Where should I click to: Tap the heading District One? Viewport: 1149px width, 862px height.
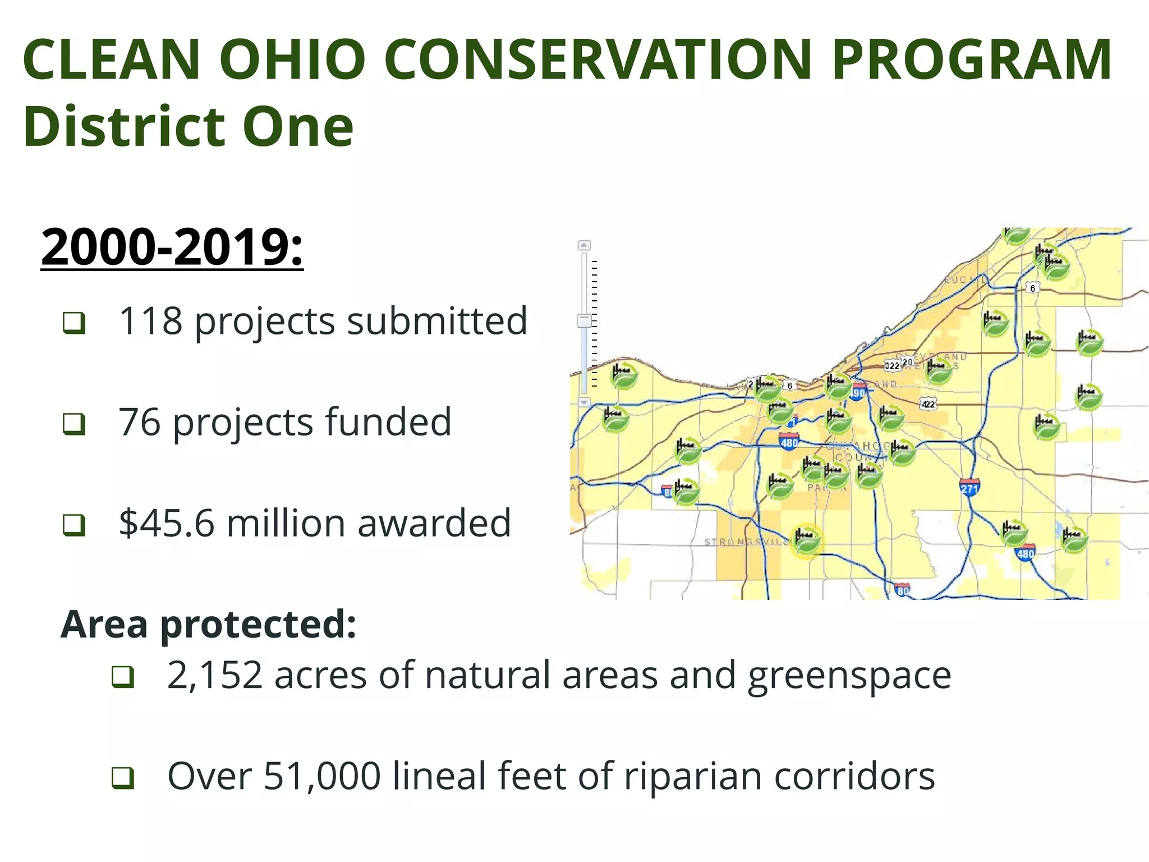[x=189, y=127]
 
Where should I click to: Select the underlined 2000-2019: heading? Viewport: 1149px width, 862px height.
[x=172, y=247]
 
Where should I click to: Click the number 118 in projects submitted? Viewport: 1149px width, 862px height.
[x=150, y=321]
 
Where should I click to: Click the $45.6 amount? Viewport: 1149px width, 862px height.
[x=167, y=523]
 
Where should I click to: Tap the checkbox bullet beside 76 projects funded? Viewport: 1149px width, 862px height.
[x=74, y=424]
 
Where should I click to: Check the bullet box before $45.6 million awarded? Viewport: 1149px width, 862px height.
[x=74, y=525]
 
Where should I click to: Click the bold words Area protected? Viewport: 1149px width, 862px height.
[x=208, y=624]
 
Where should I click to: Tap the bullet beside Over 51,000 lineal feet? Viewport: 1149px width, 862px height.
[x=122, y=778]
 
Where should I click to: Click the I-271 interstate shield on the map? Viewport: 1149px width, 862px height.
[x=969, y=487]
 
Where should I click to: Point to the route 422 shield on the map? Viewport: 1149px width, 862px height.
[x=929, y=404]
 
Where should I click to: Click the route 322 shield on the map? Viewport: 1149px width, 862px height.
[x=892, y=366]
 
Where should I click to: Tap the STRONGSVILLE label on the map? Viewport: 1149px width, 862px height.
[x=746, y=542]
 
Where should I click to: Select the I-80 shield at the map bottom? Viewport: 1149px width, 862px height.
[x=902, y=590]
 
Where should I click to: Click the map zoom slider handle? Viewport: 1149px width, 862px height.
[x=584, y=321]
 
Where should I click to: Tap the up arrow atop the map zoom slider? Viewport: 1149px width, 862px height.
[x=584, y=245]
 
